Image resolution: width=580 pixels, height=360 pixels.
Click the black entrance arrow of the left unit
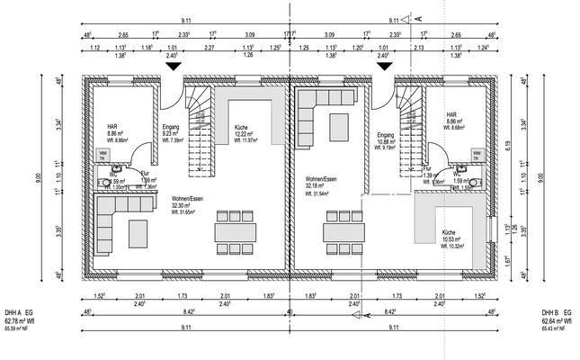[x=173, y=67]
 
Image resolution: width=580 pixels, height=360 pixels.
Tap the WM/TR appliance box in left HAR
[x=103, y=156]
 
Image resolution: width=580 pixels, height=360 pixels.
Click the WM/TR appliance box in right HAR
[x=477, y=156]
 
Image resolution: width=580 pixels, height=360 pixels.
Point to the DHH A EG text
[x=19, y=309]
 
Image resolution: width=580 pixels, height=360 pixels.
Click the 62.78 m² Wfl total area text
[x=22, y=319]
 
